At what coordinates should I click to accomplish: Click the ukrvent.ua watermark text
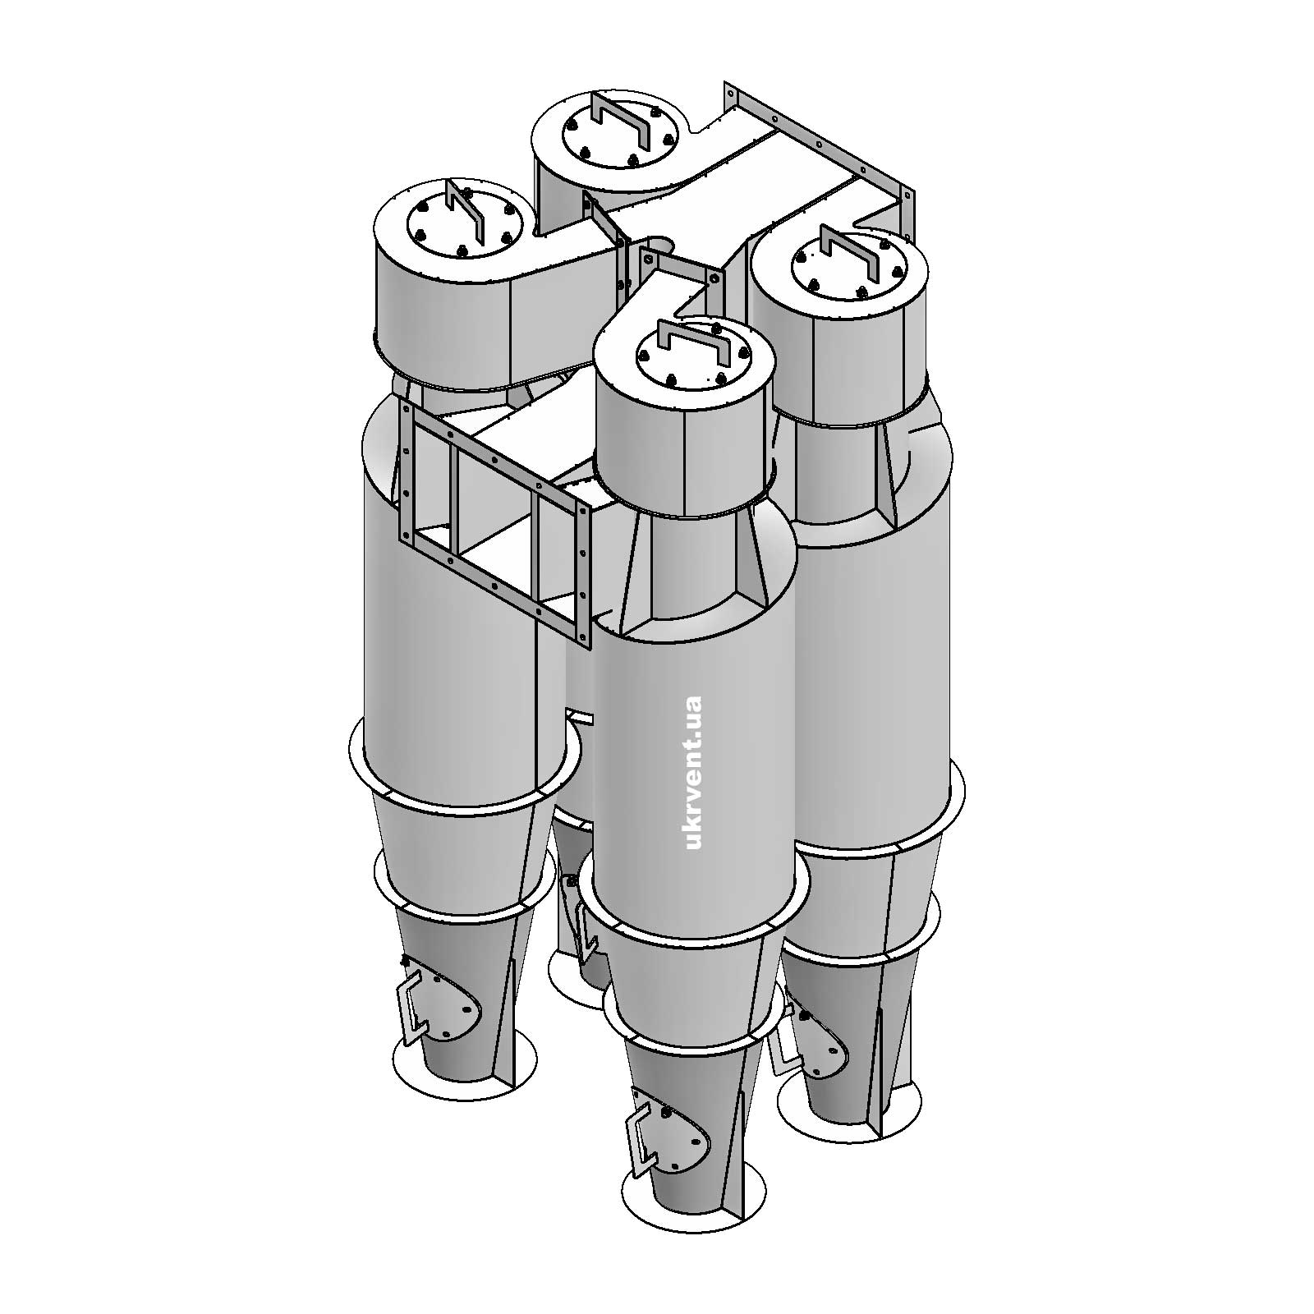(x=692, y=773)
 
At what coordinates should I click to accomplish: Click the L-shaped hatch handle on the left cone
(x=410, y=1007)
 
